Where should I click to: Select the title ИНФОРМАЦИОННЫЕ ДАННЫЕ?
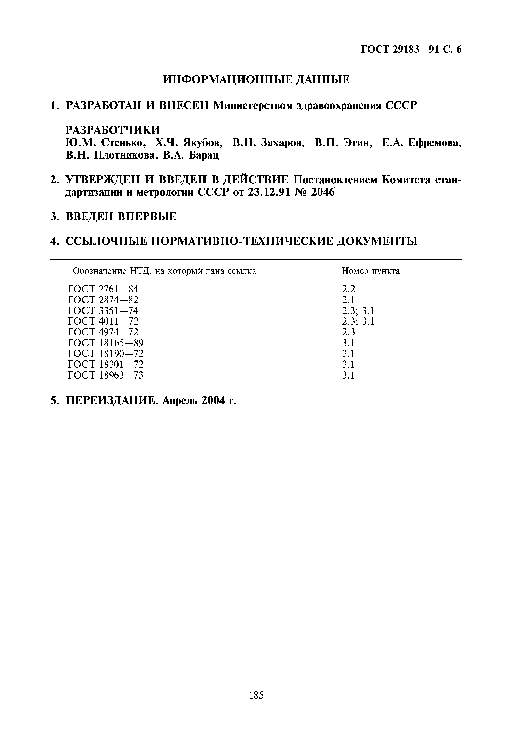[256, 80]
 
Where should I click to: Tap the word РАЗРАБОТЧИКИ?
[113, 130]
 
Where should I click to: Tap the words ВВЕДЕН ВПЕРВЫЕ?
[121, 217]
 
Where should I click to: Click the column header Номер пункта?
[371, 271]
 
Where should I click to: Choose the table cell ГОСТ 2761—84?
[103, 289]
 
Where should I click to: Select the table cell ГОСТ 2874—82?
[103, 300]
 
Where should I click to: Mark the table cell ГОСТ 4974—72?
[103, 332]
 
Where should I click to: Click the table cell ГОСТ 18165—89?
[106, 343]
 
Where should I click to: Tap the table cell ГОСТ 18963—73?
[106, 375]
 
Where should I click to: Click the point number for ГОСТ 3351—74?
[358, 310]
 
